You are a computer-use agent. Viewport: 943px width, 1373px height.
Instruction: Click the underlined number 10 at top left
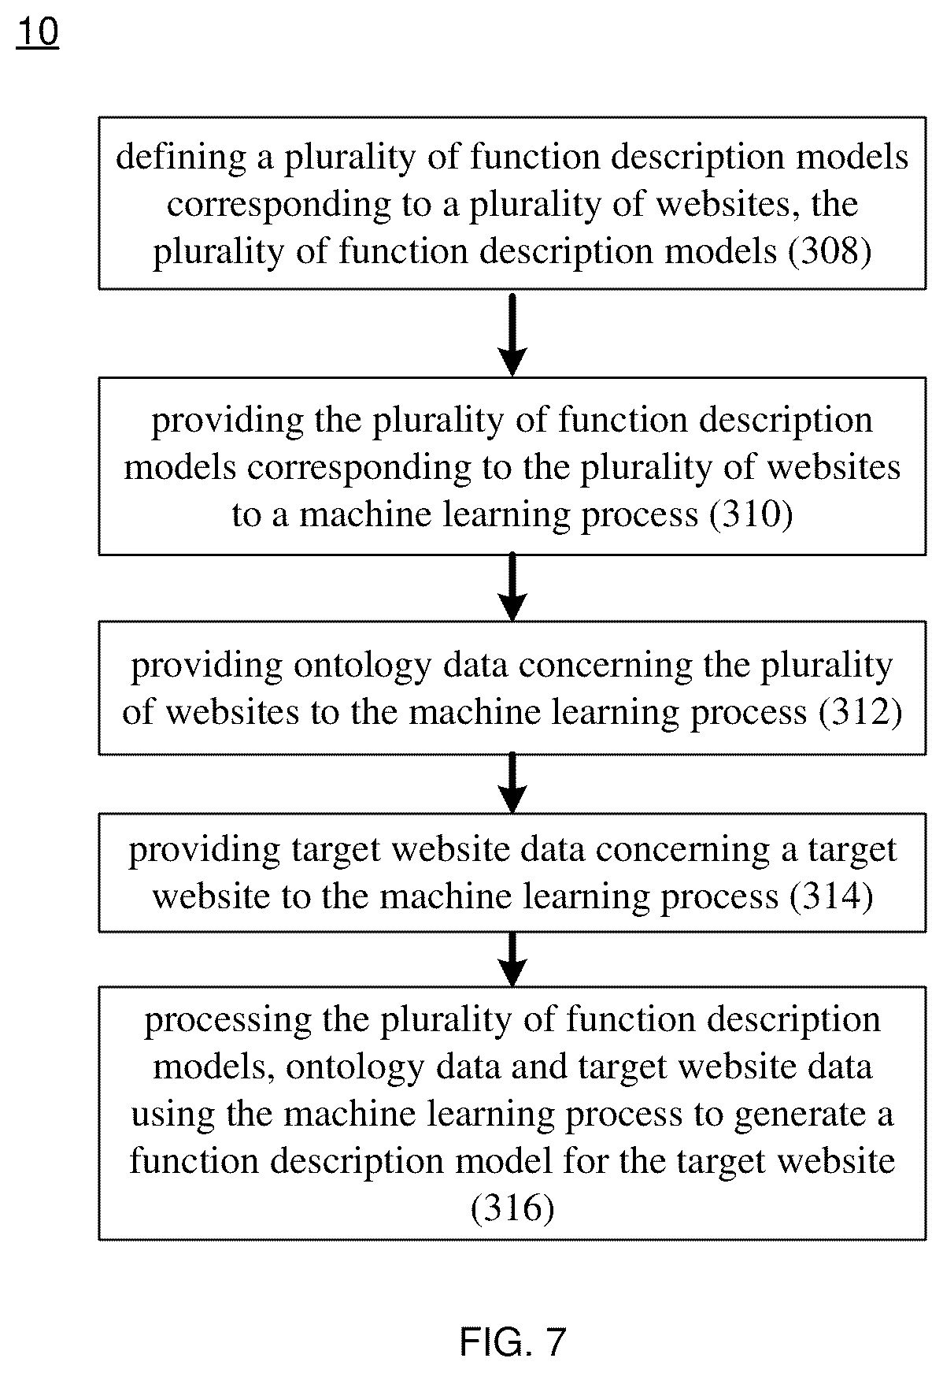[x=37, y=33]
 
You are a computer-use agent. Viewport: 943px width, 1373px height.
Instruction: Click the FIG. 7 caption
[x=512, y=1341]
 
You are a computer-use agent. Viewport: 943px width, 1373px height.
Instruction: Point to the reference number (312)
[x=860, y=712]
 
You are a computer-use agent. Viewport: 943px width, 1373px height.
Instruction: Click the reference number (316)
[x=512, y=1208]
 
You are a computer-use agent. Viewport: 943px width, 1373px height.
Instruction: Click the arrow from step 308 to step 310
[x=512, y=334]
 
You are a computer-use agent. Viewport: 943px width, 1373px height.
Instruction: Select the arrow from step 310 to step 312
[x=512, y=588]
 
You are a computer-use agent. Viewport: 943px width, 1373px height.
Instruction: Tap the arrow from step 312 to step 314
[x=512, y=783]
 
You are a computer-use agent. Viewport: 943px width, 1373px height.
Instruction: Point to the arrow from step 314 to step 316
[x=512, y=959]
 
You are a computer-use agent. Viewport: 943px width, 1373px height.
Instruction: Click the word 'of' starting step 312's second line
[x=139, y=712]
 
